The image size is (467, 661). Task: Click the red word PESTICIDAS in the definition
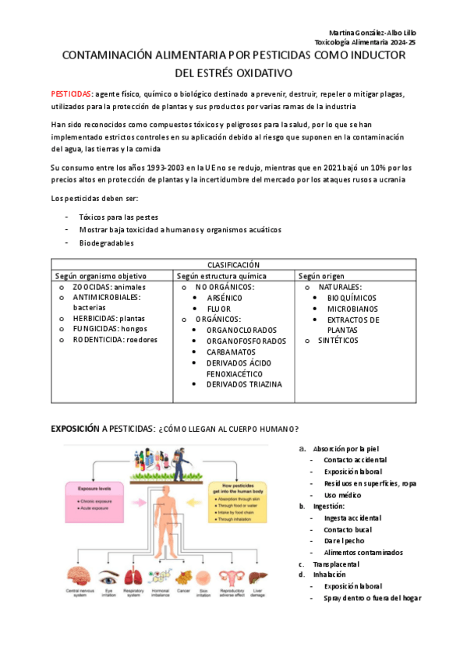[72, 94]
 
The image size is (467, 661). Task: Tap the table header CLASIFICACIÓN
[232, 265]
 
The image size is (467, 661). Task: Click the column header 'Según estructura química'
[221, 276]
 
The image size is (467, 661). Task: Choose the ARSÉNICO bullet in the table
[225, 298]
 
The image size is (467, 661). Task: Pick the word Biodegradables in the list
[106, 243]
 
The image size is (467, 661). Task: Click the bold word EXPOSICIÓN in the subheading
[75, 429]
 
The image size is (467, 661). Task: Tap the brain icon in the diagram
[79, 577]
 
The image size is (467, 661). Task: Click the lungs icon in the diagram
[135, 577]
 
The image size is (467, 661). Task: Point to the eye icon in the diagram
[108, 578]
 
